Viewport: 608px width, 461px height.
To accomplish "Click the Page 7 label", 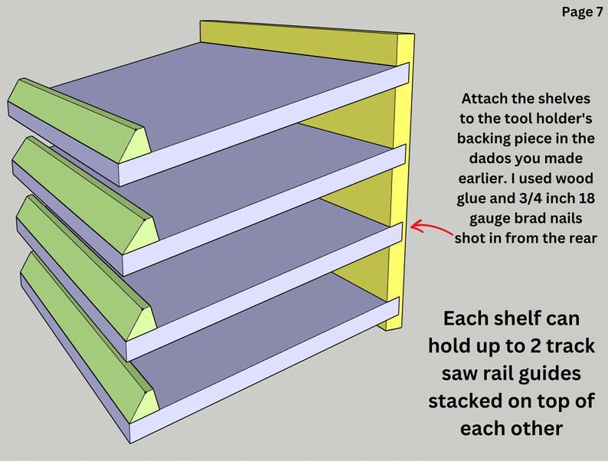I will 582,11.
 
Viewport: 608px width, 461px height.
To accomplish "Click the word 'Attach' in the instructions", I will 484,100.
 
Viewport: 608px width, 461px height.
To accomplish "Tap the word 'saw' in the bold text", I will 468,373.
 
